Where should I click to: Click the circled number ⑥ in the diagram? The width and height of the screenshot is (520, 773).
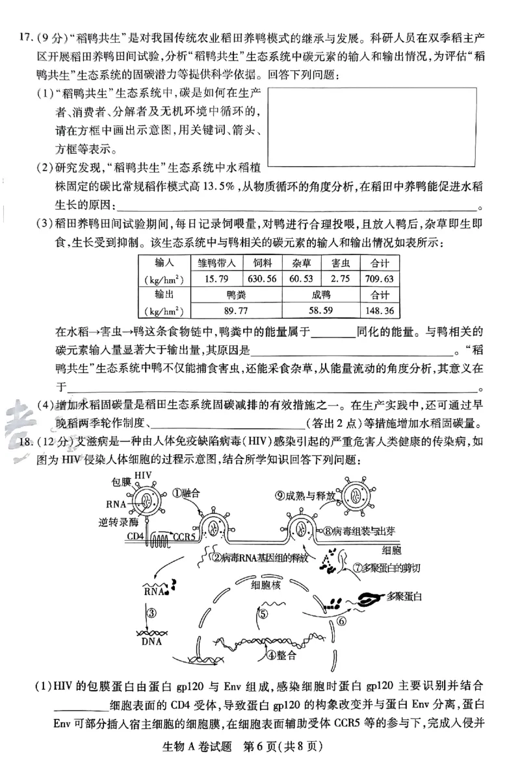click(x=343, y=621)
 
